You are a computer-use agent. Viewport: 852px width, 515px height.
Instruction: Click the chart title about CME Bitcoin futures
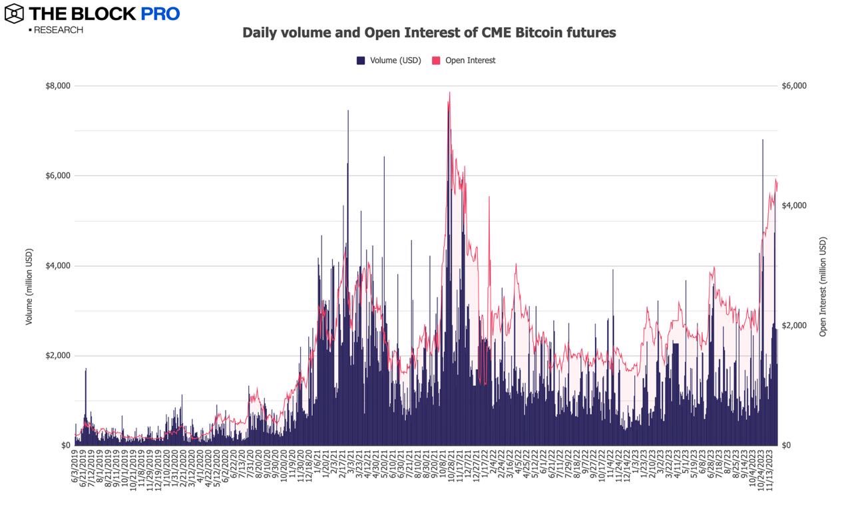pos(429,33)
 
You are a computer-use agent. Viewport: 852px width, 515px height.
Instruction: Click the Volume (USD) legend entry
pos(389,61)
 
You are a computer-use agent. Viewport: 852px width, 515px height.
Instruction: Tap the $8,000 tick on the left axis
pos(58,86)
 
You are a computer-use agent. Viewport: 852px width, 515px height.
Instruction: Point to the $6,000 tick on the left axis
pos(58,176)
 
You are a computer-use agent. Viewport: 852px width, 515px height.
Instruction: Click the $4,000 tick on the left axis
pos(58,266)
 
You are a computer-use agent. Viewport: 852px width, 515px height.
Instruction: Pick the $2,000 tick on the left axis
pos(58,356)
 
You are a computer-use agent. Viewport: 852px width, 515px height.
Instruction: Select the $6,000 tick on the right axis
pos(795,86)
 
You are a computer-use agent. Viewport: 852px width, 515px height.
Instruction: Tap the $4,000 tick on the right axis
pos(795,206)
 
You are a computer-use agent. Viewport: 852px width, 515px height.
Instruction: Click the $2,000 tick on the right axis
pos(795,325)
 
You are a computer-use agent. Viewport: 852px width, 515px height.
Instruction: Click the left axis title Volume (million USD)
pos(29,287)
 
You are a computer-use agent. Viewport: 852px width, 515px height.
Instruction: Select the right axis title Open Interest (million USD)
pos(823,287)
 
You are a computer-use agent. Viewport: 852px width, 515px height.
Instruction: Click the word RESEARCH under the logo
pos(58,30)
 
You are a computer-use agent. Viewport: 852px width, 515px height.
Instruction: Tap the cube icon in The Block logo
pos(14,13)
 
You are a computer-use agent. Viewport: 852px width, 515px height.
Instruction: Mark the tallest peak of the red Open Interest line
pos(450,92)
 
